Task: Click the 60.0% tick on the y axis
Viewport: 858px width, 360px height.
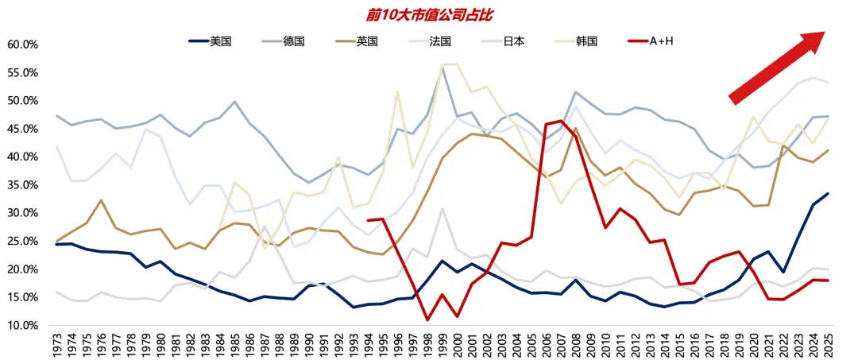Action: pos(22,45)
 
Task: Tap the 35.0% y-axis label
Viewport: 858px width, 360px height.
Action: pos(22,185)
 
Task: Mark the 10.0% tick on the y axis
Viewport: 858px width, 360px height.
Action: pos(22,326)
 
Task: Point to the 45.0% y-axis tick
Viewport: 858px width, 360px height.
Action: pos(22,129)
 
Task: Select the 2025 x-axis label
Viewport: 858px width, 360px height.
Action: pos(828,344)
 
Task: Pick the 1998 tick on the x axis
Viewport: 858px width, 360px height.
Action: pos(427,344)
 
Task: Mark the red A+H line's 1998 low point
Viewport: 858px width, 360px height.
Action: pos(427,320)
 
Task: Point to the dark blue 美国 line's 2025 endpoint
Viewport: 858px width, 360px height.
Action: pos(828,193)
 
